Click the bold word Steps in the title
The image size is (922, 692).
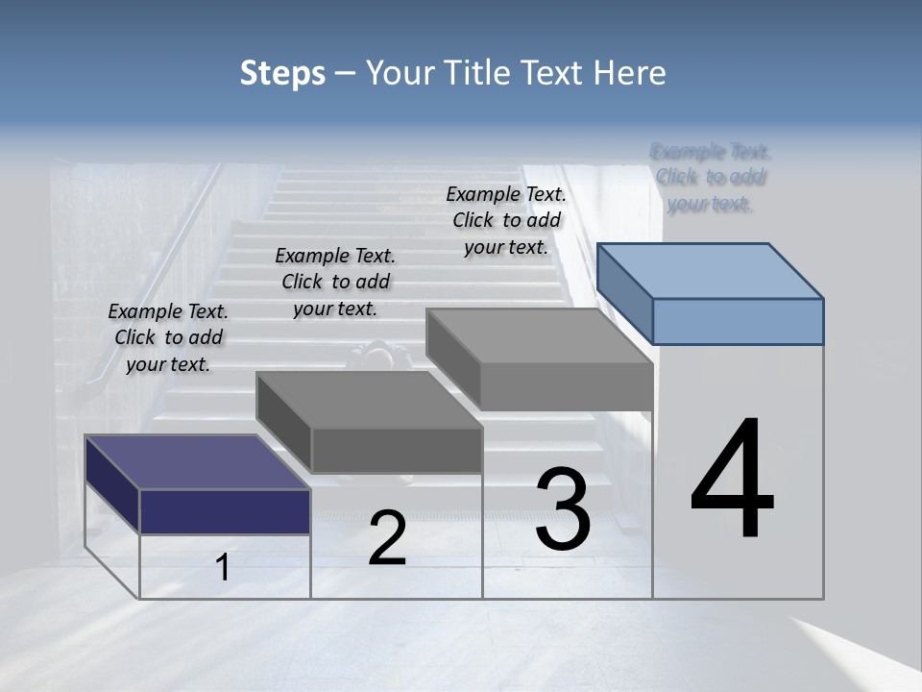[282, 73]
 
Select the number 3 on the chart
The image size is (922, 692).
[563, 509]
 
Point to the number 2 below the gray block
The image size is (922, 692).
[387, 538]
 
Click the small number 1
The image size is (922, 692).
[223, 568]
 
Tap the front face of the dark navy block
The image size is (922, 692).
[225, 511]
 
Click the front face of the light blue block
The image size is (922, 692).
[738, 321]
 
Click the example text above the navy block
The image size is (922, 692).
[168, 337]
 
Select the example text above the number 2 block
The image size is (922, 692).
[335, 282]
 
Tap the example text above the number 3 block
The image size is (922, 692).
[506, 220]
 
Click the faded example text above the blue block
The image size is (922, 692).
[711, 178]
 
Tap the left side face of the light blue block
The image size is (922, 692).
[624, 293]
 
